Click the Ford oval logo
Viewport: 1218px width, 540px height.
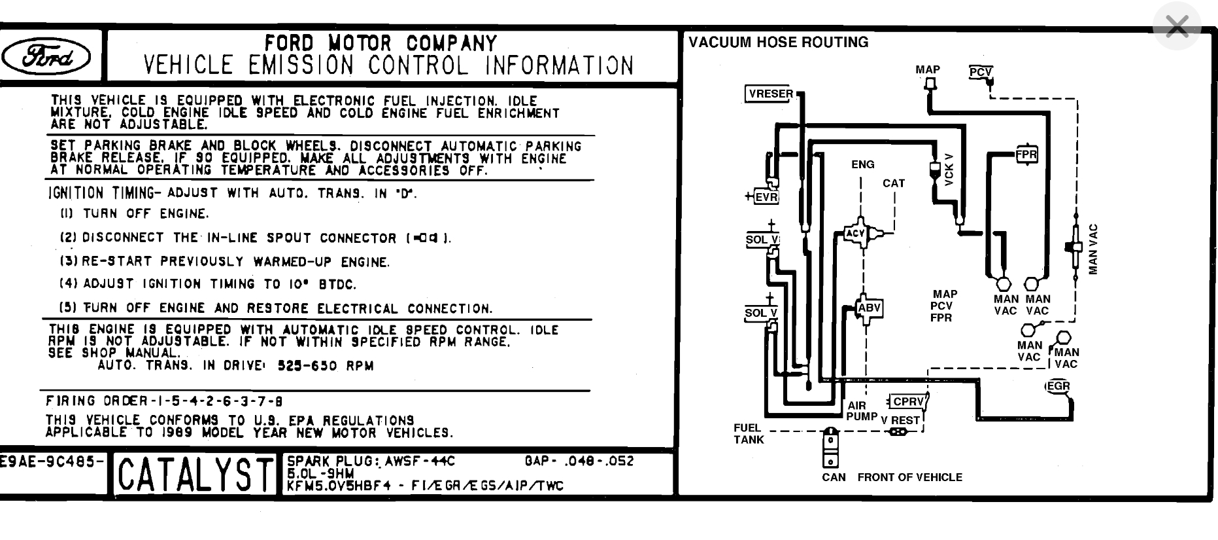46,57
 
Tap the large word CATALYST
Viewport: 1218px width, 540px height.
195,475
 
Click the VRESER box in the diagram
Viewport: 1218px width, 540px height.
770,94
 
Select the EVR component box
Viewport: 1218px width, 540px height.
766,197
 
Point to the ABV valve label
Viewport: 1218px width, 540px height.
869,308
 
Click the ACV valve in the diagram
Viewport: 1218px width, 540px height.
856,233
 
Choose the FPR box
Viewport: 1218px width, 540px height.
1026,155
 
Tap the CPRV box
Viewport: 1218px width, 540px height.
908,402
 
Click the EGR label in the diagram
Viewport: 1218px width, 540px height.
1058,386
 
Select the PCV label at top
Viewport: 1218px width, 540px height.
980,72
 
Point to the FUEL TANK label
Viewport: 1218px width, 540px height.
748,434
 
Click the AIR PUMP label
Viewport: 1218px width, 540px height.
861,411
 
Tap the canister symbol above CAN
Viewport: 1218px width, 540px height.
830,448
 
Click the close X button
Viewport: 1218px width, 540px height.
1177,27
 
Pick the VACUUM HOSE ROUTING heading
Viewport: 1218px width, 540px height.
778,43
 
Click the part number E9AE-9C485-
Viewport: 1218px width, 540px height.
52,461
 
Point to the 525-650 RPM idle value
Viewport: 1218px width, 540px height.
326,366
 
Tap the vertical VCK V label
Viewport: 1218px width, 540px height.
949,170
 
